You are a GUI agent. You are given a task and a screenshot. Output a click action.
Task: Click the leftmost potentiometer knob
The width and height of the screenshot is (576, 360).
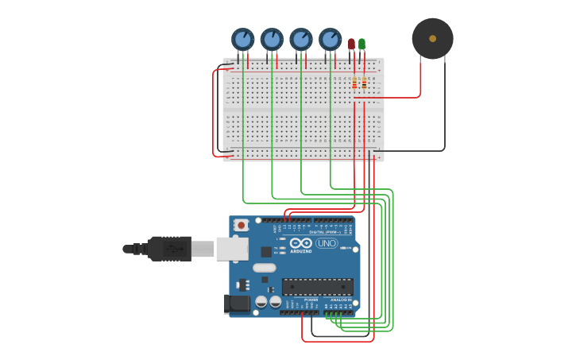coord(242,39)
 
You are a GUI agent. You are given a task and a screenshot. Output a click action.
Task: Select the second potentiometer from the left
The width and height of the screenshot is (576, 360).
coord(272,39)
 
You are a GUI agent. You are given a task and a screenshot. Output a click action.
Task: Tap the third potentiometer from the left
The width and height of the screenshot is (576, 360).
coord(301,39)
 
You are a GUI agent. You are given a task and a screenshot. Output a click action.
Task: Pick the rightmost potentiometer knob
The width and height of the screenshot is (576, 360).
coord(331,39)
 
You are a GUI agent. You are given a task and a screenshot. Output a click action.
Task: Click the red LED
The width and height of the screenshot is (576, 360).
coord(351,44)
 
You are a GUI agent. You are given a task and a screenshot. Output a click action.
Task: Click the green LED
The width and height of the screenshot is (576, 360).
coord(362,44)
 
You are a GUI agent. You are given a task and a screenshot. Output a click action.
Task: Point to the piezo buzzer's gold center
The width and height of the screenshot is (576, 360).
coord(432,38)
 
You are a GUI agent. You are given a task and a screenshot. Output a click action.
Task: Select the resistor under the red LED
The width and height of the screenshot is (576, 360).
coord(354,83)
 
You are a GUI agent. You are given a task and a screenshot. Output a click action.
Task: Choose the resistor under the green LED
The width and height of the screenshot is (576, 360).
coord(364,83)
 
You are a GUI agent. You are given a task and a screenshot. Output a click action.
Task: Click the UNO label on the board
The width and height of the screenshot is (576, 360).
coord(327,243)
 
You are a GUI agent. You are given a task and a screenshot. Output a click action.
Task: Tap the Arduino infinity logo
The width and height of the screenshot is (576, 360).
coord(301,243)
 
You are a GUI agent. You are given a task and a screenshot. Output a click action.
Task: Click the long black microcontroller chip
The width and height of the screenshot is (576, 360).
coord(317,286)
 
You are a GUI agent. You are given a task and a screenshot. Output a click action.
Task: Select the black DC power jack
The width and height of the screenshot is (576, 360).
coord(237,303)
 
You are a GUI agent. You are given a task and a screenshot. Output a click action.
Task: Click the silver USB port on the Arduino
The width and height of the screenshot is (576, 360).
coord(232,249)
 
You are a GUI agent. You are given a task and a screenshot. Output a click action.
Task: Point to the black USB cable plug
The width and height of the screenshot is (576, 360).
coord(169,249)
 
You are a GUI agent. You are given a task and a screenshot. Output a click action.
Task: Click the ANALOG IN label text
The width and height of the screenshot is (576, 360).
coord(340,300)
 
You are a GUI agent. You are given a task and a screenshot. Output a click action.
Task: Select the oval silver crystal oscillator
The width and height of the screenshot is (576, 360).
coord(265,268)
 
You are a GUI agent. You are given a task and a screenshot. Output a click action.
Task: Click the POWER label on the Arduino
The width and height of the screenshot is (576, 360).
coord(300,300)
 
